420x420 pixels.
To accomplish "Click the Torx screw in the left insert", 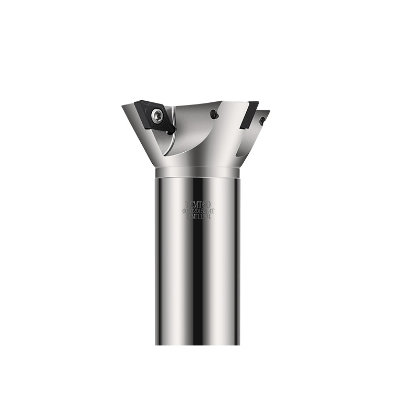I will [x=157, y=115].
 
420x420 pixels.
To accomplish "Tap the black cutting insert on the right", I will [x=249, y=114].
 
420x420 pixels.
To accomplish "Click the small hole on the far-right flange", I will [x=262, y=120].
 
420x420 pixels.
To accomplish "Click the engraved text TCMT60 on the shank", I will [x=198, y=204].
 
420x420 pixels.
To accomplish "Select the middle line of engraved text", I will [x=198, y=211].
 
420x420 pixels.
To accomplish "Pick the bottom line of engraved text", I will [x=198, y=216].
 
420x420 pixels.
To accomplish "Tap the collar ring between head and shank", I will [x=197, y=172].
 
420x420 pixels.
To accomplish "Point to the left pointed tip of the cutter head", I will [x=124, y=107].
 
